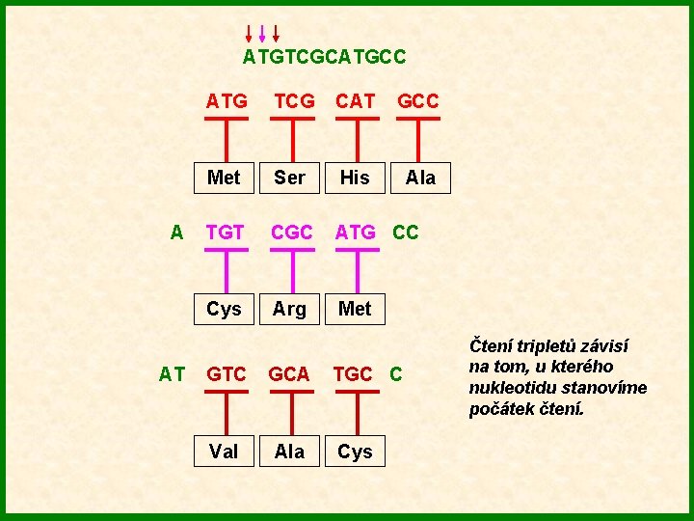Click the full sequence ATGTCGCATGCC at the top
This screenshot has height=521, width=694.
tap(324, 57)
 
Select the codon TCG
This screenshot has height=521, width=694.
tap(294, 100)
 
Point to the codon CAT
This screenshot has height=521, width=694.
tap(355, 100)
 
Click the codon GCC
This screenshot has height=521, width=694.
tap(418, 100)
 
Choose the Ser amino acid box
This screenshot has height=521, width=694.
tap(289, 177)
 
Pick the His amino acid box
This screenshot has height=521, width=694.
tap(355, 177)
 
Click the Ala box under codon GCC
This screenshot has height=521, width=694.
tap(420, 177)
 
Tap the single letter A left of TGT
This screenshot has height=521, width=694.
tap(176, 232)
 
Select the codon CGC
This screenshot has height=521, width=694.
tap(291, 232)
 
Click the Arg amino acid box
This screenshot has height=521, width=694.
tap(289, 309)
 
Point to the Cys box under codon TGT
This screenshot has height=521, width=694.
tap(224, 309)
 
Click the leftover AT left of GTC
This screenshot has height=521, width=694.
tap(173, 374)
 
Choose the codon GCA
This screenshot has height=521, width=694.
tap(289, 374)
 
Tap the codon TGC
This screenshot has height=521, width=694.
tap(353, 374)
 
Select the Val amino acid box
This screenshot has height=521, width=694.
tap(224, 451)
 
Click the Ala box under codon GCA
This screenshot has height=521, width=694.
tap(289, 451)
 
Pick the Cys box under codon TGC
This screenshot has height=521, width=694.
tap(355, 451)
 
